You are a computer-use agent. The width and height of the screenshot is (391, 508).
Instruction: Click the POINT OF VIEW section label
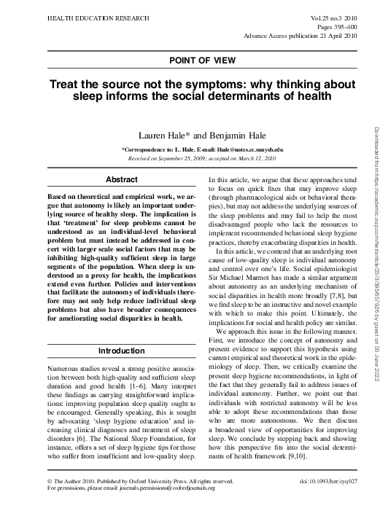click(195, 60)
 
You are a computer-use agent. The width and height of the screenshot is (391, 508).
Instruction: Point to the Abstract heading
click(122, 179)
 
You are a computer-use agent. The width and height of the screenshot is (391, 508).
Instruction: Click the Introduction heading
click(122, 351)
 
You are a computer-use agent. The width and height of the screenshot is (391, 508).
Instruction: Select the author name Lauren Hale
click(159, 136)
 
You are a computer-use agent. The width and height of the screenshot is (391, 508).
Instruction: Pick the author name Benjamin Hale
click(225, 136)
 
